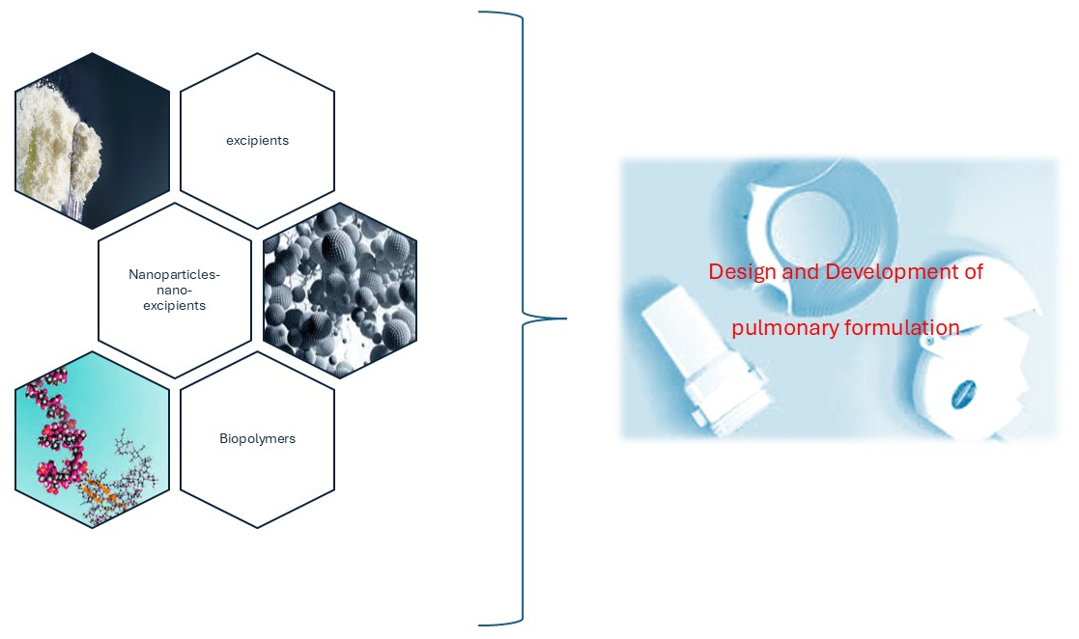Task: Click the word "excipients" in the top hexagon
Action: point(257,140)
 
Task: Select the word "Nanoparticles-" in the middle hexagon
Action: point(174,275)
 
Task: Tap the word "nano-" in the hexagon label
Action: point(174,290)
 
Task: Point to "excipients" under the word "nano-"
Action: point(174,305)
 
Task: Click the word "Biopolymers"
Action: point(257,438)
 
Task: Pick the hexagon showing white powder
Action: point(92,140)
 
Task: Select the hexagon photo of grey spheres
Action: point(339,290)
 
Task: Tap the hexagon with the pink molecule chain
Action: point(92,439)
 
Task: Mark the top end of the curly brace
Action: point(481,14)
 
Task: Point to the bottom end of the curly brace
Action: point(481,624)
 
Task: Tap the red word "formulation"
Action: point(902,328)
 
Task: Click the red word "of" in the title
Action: point(973,272)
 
